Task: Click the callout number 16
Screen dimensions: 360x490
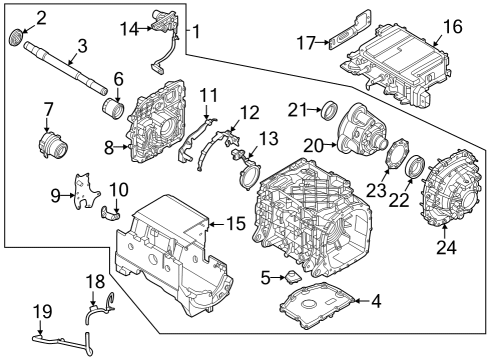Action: (x=452, y=27)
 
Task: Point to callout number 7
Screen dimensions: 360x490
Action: (x=47, y=108)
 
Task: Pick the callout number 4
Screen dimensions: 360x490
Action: (x=376, y=300)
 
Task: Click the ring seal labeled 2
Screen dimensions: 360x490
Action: (x=15, y=38)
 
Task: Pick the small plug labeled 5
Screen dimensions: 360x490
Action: (x=291, y=276)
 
